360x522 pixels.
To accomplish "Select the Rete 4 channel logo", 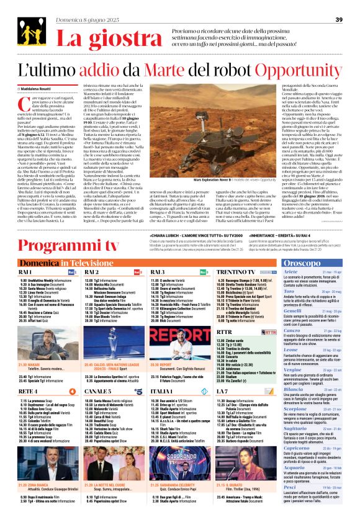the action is pyautogui.click(x=73, y=374).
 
